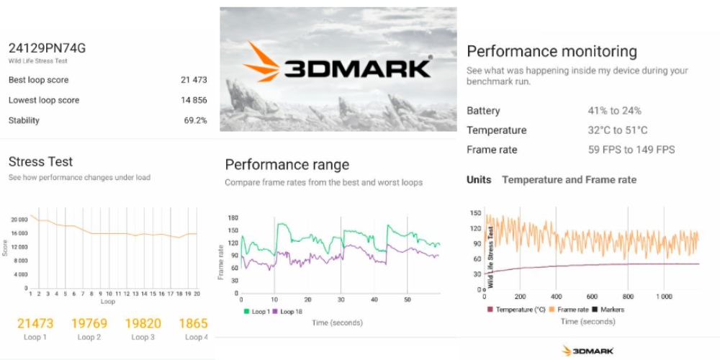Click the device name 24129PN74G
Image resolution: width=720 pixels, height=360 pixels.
tap(47, 48)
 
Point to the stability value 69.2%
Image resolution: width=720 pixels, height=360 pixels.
tap(195, 120)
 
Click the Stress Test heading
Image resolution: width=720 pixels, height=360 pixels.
tap(40, 161)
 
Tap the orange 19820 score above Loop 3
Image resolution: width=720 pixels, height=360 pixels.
tap(143, 323)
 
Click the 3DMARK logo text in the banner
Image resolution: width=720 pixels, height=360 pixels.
tap(357, 68)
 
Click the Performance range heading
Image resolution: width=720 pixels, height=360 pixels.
tap(287, 165)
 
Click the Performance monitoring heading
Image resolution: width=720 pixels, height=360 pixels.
tap(552, 51)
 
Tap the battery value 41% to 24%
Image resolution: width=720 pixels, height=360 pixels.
tap(614, 111)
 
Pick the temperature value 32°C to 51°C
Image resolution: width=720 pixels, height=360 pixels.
tap(617, 130)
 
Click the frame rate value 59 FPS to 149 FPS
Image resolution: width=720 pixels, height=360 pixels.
tap(631, 150)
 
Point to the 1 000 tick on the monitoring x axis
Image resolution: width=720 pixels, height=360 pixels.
tap(664, 297)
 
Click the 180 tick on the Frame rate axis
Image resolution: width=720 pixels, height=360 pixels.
tap(233, 217)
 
